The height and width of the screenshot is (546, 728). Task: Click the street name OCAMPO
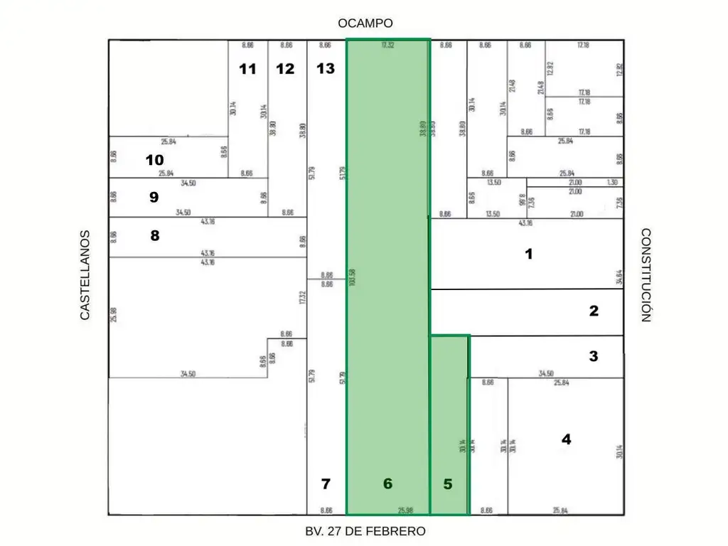tap(365, 23)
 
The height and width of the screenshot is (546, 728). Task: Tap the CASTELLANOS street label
tap(85, 274)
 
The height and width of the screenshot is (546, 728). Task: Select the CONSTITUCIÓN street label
tap(646, 275)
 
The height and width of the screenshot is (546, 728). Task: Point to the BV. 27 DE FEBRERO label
tap(365, 531)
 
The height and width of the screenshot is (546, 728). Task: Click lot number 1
tap(528, 254)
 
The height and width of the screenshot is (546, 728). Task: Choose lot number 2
tap(594, 311)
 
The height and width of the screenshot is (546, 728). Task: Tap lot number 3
tap(594, 357)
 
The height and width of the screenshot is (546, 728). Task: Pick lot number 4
tap(566, 439)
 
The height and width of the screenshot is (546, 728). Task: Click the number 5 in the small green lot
tap(448, 484)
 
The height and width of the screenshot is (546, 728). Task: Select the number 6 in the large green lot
tap(387, 484)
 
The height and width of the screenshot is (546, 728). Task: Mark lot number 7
tap(326, 484)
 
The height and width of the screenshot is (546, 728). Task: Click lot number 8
tap(155, 236)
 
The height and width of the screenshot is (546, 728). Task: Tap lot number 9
tap(154, 198)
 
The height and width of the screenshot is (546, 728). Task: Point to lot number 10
tap(154, 160)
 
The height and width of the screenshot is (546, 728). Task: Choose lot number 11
tap(247, 69)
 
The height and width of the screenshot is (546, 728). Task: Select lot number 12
tap(285, 69)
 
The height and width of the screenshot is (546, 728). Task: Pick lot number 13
tap(326, 69)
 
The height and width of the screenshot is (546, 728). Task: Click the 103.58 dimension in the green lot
tap(353, 277)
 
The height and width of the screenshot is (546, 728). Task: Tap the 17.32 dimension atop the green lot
tap(387, 45)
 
